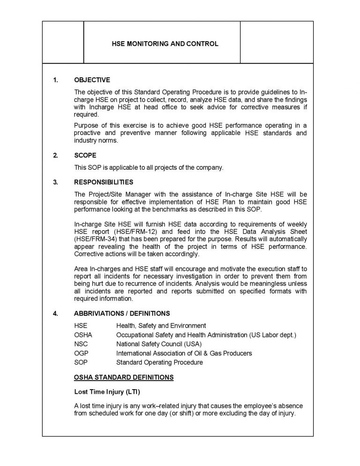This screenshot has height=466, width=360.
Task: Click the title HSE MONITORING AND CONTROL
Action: (x=161, y=44)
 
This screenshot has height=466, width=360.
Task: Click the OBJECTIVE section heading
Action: (x=92, y=80)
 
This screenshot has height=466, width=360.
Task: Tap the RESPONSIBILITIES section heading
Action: (x=104, y=182)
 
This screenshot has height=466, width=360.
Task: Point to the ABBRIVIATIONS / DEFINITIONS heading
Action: (x=122, y=313)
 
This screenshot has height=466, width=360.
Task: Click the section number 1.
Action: (x=55, y=80)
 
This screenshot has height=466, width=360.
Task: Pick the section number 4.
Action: (x=55, y=313)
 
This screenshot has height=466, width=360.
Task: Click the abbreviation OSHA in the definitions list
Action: (x=83, y=335)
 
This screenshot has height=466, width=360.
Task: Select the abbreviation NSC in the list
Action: (x=81, y=344)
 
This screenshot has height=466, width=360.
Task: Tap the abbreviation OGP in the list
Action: (x=82, y=353)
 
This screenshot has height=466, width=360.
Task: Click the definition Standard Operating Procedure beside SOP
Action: (x=159, y=362)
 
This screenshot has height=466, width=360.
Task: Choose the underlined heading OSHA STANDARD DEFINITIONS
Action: (x=124, y=377)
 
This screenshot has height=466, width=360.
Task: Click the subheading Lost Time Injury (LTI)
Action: (x=107, y=391)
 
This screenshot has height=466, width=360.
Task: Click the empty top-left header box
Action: (x=63, y=42)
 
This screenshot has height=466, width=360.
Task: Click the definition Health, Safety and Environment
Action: (x=161, y=325)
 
